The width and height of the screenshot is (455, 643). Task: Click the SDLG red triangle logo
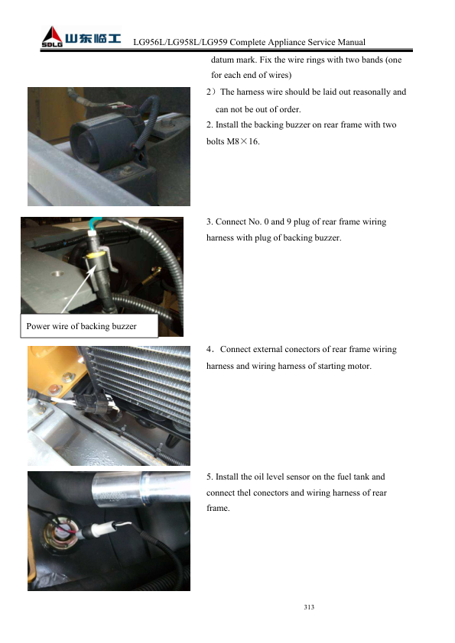(52, 37)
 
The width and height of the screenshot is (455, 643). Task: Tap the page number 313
(309, 607)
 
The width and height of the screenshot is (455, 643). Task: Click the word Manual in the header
(352, 42)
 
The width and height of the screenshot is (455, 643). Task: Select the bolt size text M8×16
(242, 141)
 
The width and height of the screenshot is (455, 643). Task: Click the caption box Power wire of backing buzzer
(89, 326)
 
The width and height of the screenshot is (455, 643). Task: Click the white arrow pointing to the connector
(79, 290)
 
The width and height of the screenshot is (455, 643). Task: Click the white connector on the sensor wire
(98, 530)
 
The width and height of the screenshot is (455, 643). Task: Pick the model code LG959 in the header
(214, 42)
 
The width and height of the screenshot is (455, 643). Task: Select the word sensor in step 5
(295, 477)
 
